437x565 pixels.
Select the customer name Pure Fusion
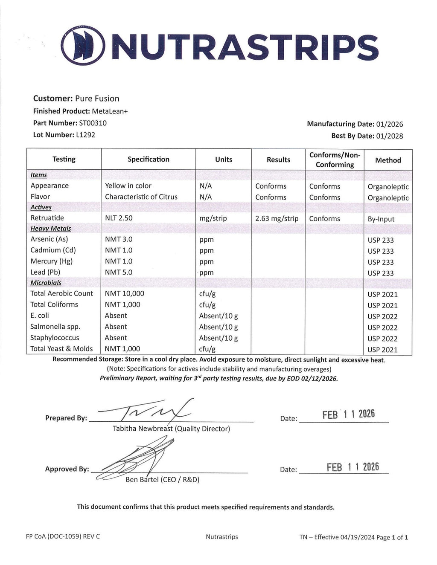click(97, 99)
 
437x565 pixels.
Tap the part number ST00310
click(93, 123)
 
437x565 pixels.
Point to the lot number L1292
click(86, 135)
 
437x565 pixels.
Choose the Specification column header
click(148, 159)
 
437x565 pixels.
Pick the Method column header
click(388, 160)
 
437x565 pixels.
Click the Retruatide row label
click(47, 218)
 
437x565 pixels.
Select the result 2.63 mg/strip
click(277, 218)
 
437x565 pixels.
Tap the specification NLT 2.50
click(119, 218)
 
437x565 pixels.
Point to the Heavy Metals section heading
click(51, 229)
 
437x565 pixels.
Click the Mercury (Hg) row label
click(52, 261)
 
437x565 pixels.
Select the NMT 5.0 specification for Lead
click(119, 272)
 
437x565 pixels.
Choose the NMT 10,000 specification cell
click(125, 293)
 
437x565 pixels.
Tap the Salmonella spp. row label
click(55, 327)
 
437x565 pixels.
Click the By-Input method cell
click(381, 219)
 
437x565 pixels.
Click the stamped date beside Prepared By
click(348, 414)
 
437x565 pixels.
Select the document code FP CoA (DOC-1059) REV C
click(63, 536)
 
